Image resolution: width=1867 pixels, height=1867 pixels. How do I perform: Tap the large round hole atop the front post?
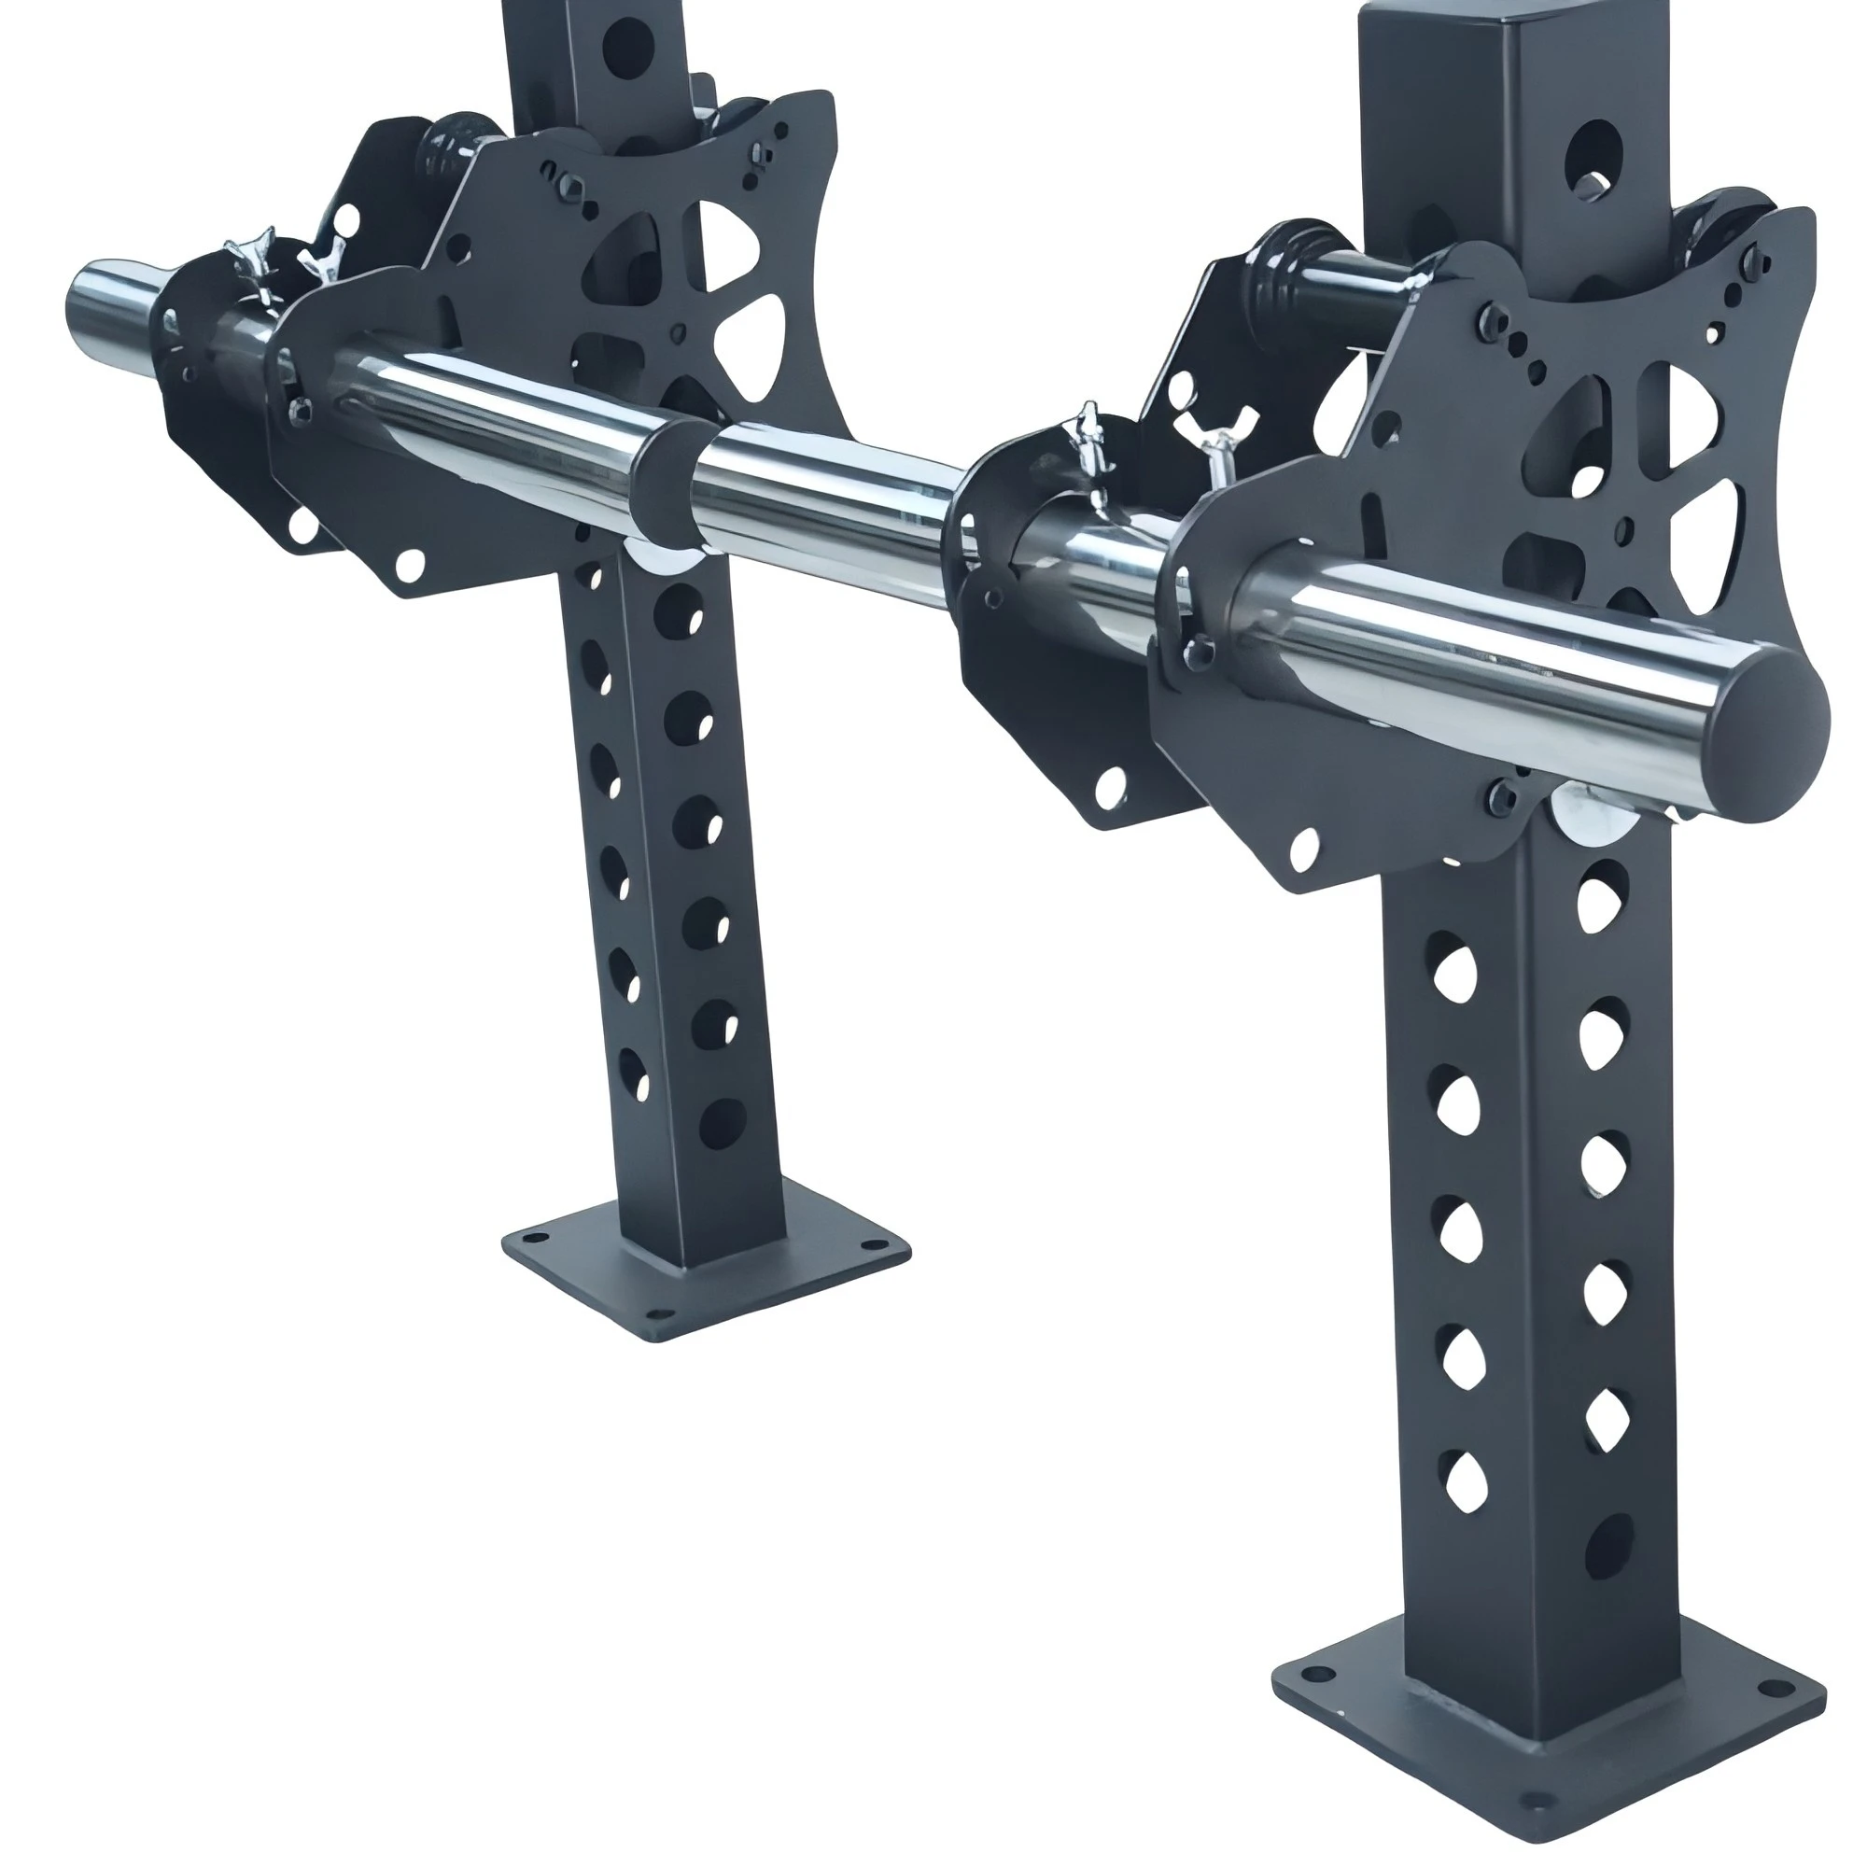(x=1592, y=160)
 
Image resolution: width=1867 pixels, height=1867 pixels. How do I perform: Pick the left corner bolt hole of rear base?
(x=528, y=1236)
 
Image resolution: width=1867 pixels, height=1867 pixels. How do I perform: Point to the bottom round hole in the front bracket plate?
(x=1305, y=848)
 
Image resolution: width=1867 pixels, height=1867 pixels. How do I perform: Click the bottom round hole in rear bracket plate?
(x=410, y=561)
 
